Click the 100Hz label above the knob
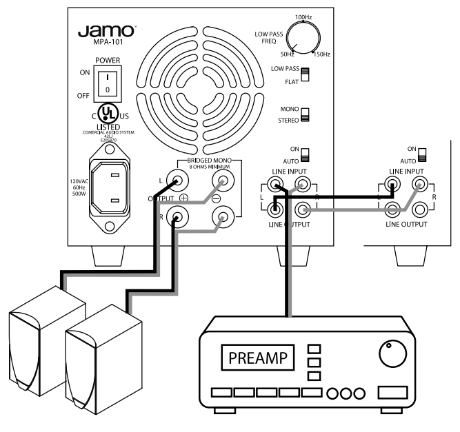(303, 15)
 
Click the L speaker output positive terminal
(177, 181)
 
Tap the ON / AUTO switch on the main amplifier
(304, 154)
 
